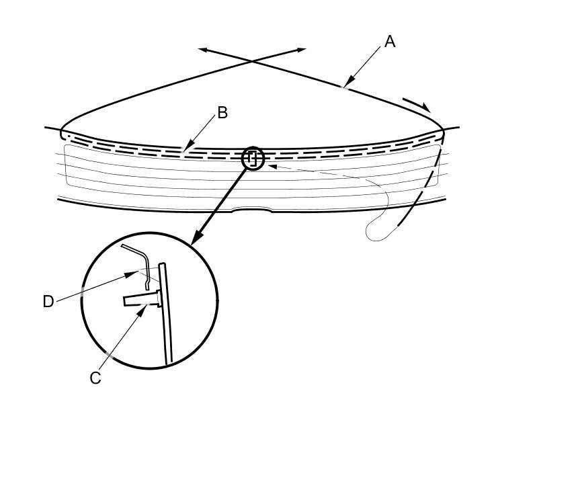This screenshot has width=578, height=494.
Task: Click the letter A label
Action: point(390,42)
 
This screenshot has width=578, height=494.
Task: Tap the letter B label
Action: point(222,113)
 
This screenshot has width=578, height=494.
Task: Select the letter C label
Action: point(95,378)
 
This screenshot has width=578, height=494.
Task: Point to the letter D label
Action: point(48,302)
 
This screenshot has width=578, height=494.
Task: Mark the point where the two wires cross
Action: point(252,61)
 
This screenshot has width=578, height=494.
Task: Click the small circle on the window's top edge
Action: point(253,159)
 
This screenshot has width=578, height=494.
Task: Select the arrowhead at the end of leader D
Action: point(134,273)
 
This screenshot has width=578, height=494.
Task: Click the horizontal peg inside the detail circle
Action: point(140,299)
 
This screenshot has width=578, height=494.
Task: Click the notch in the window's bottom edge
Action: point(252,210)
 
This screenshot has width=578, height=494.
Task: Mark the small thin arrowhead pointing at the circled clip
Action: point(272,165)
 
